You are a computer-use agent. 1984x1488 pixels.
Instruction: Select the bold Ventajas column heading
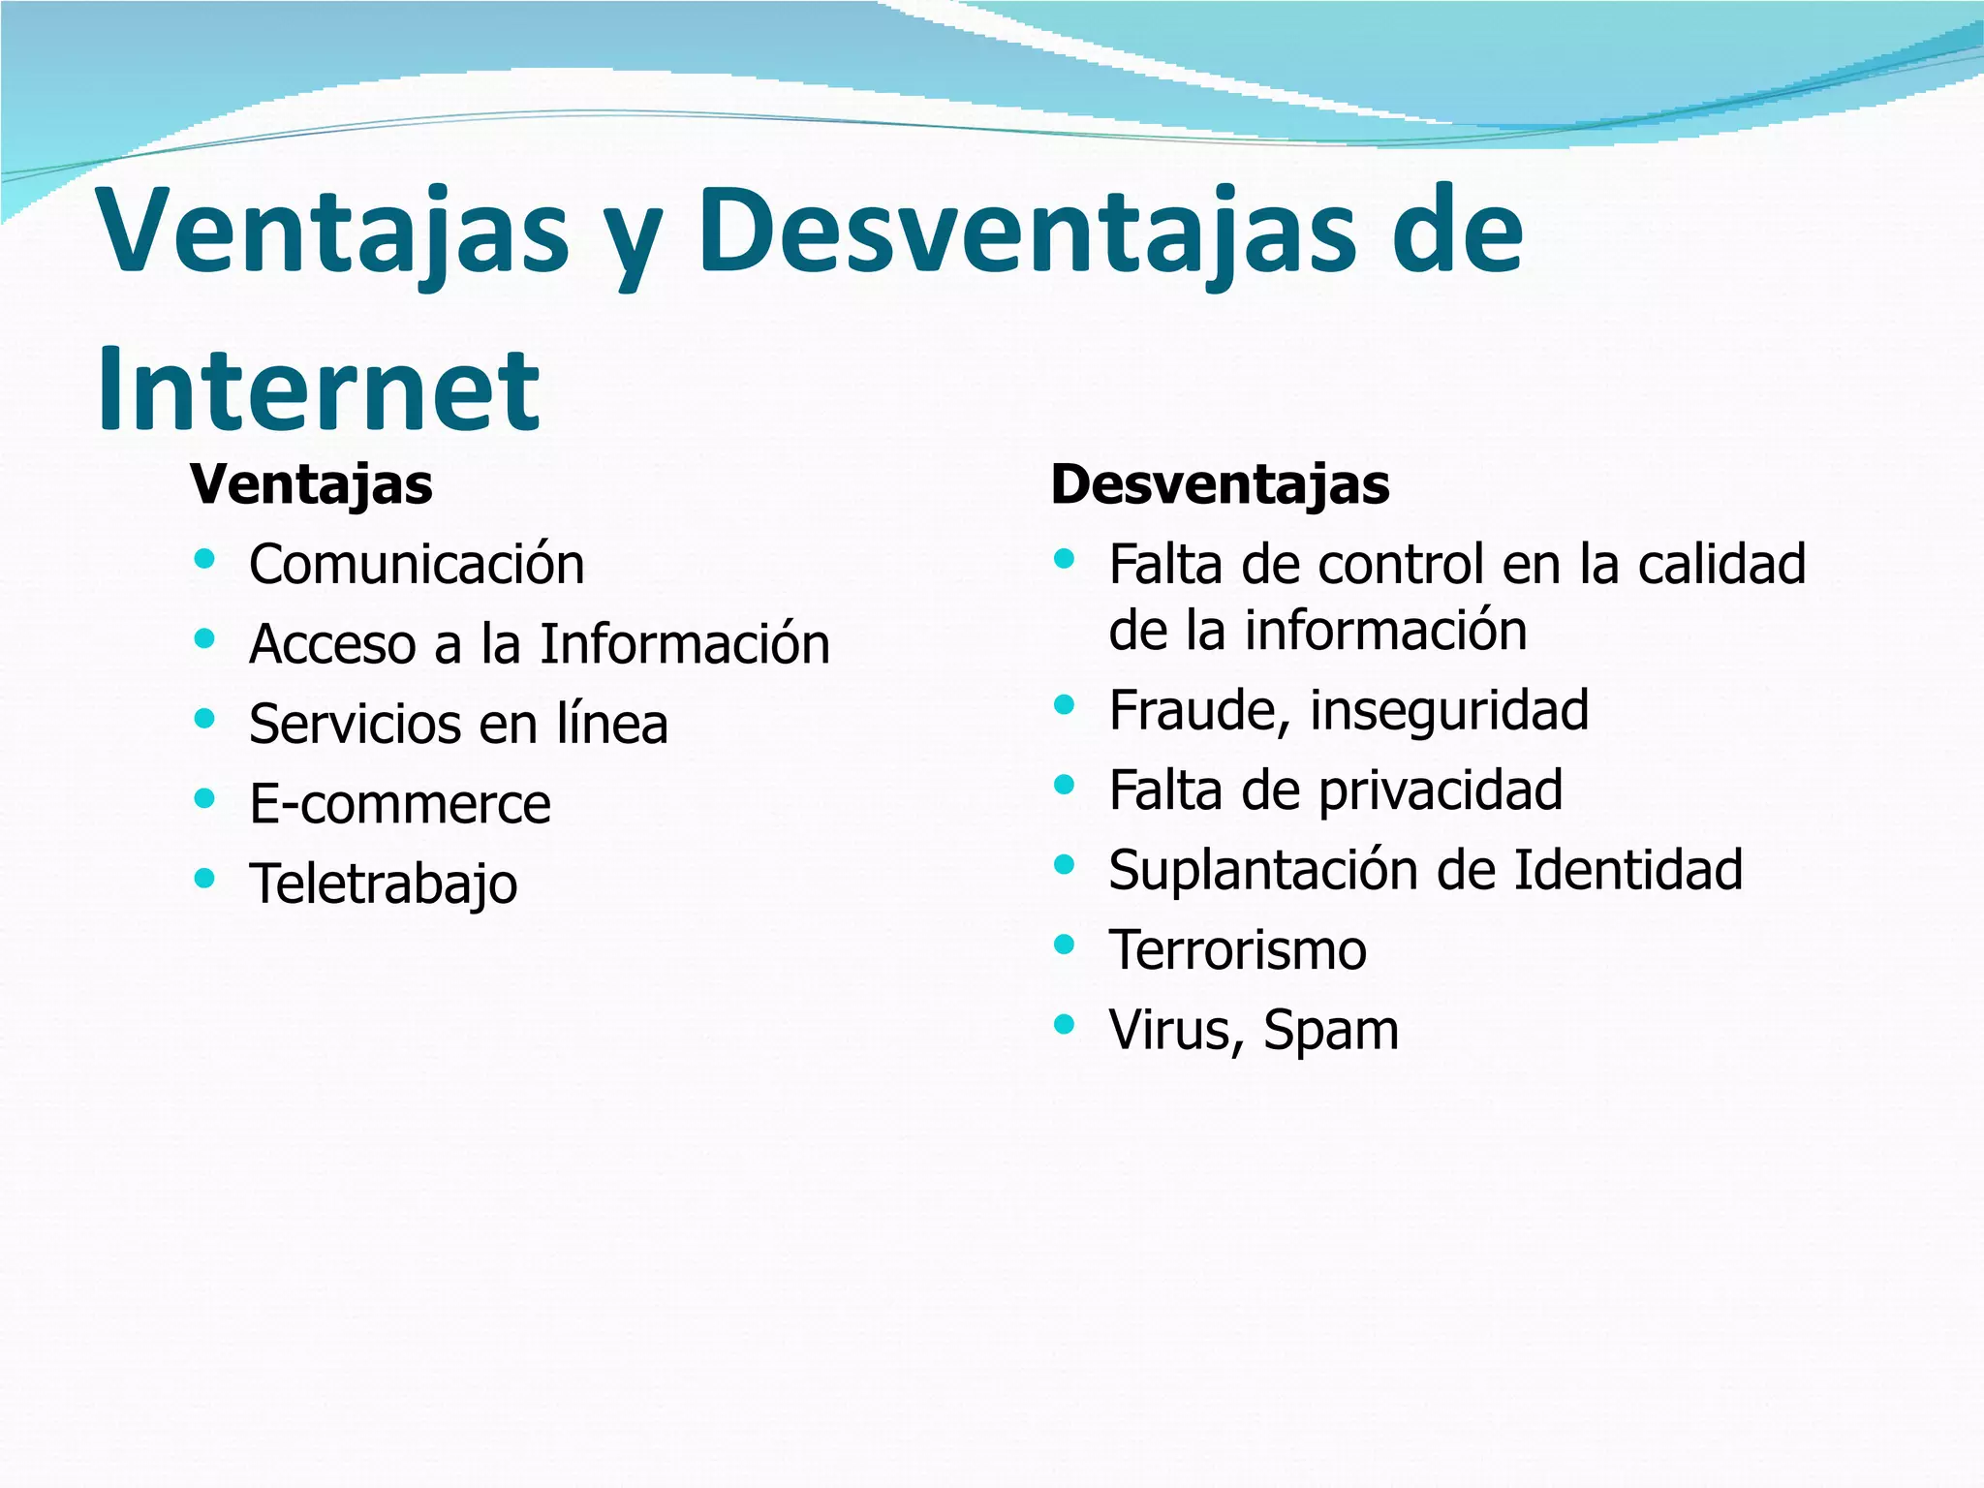(x=311, y=484)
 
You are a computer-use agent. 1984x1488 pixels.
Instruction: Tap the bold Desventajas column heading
(x=1220, y=484)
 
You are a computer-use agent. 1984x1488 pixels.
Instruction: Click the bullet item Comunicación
(x=417, y=565)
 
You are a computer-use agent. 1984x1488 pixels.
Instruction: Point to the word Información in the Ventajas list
(x=685, y=644)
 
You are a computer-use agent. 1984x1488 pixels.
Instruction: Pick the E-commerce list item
(x=400, y=804)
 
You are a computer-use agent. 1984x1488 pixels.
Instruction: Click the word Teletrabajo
(x=384, y=884)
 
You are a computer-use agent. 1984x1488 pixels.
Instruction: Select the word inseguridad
(x=1449, y=710)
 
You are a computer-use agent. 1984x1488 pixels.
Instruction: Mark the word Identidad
(x=1627, y=869)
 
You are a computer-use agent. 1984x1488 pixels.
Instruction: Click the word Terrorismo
(x=1238, y=950)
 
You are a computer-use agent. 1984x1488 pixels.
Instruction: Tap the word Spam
(x=1331, y=1031)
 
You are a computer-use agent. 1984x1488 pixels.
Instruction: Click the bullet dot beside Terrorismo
(x=1065, y=944)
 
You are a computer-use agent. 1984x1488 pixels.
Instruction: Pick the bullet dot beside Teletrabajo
(x=204, y=879)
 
